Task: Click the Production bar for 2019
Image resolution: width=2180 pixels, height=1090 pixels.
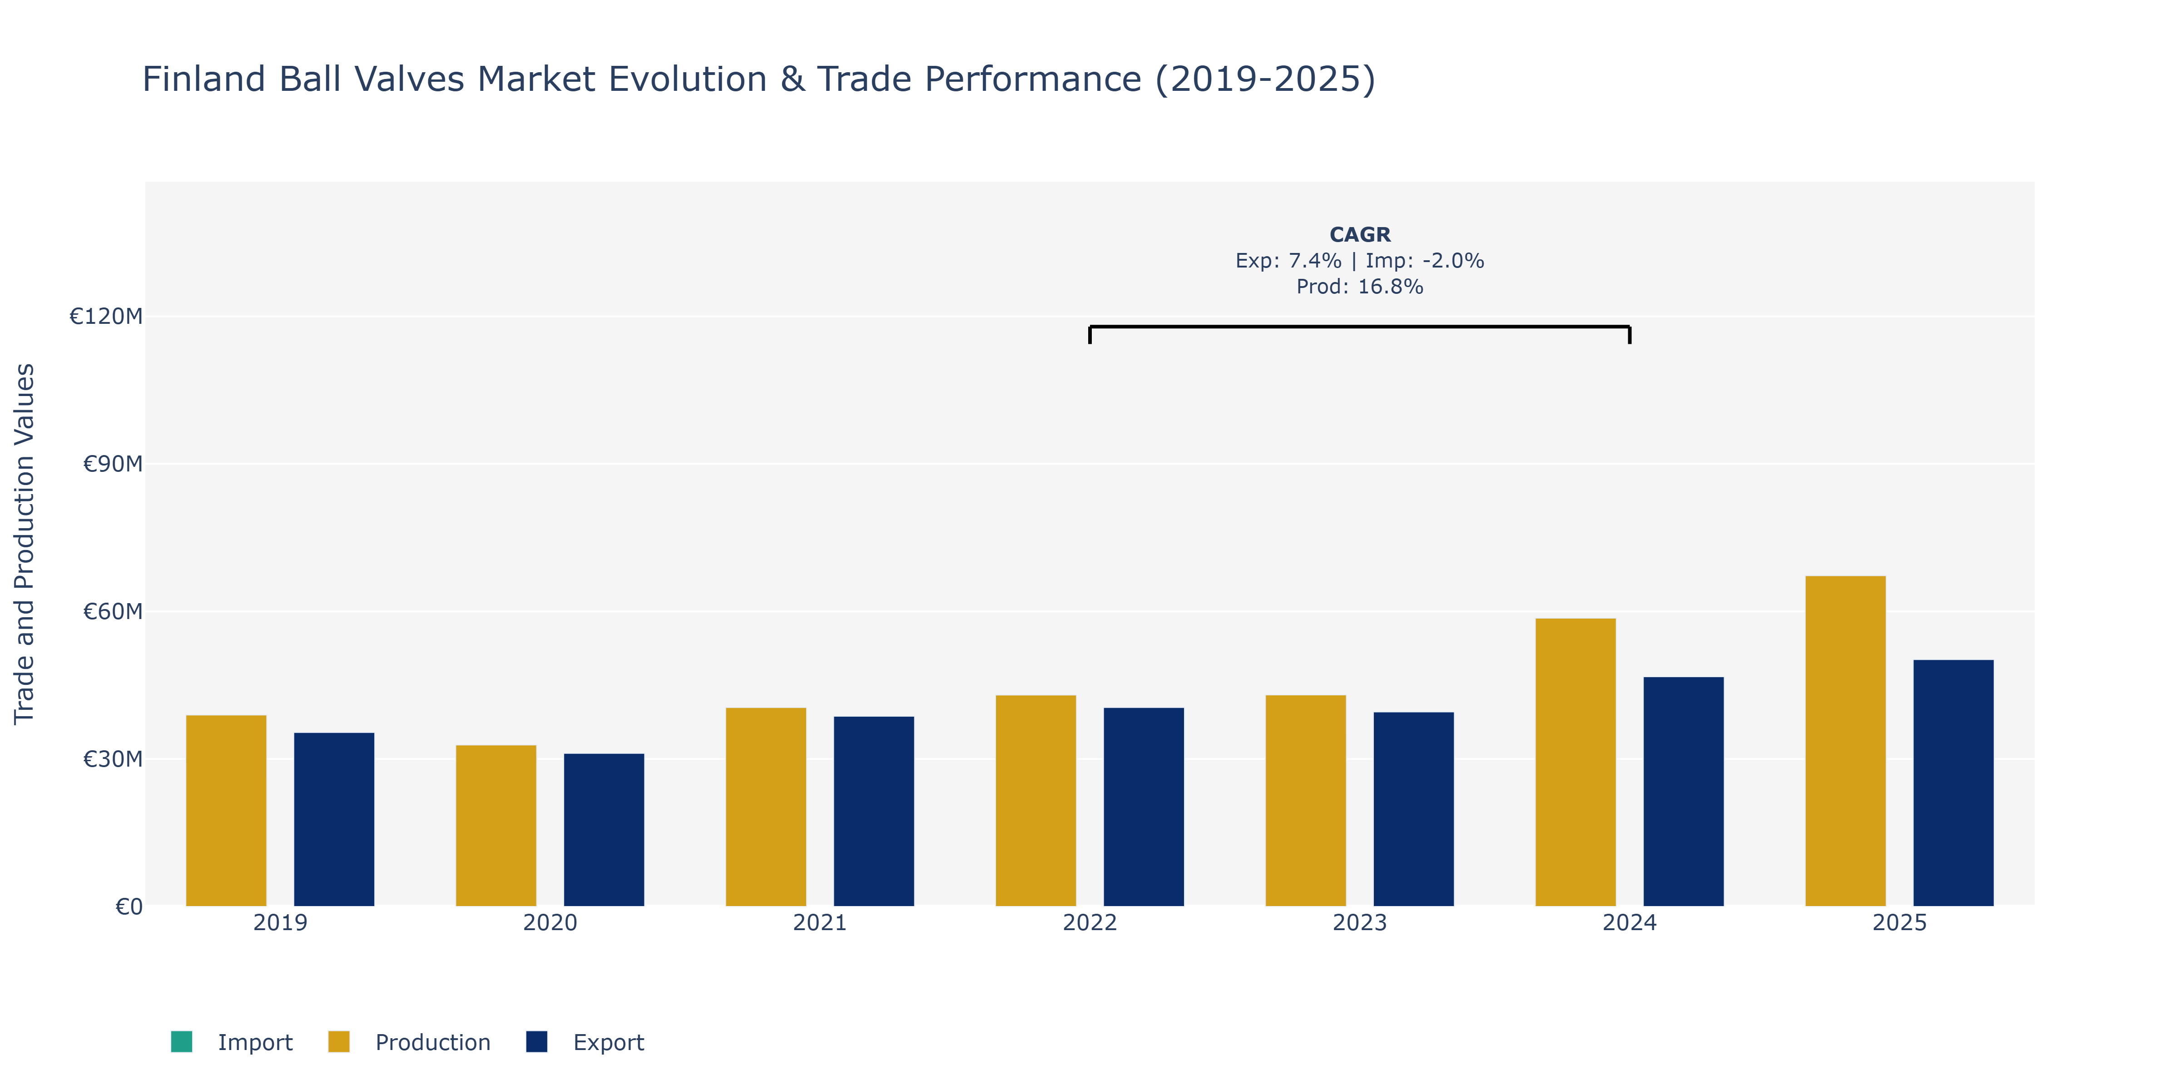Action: point(226,811)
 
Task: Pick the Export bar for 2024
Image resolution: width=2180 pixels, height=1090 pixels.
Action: point(1683,791)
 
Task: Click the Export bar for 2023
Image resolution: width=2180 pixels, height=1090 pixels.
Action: point(1413,809)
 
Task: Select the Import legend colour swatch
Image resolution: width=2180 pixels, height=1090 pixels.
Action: point(181,1042)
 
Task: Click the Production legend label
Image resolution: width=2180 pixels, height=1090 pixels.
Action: point(432,1043)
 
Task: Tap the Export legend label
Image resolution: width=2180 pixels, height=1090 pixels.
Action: point(609,1043)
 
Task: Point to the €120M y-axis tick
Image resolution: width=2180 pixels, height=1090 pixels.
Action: point(106,317)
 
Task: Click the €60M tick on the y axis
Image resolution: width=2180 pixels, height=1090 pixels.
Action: point(113,611)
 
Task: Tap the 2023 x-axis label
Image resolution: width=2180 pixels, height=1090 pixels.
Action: point(1359,922)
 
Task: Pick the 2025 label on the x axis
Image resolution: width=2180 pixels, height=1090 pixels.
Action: point(1899,922)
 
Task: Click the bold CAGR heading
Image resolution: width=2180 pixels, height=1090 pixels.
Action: point(1360,234)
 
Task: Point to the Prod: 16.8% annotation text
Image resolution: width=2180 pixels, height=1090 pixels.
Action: point(1360,287)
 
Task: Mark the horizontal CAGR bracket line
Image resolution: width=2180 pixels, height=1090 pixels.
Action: point(1360,327)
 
